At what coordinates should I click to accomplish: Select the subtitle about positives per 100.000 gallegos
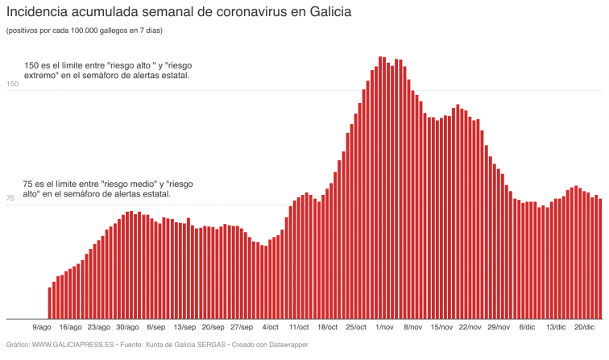pyautogui.click(x=84, y=31)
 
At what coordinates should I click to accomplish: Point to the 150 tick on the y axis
pyautogui.click(x=12, y=85)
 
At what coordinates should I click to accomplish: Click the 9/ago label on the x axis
pyautogui.click(x=42, y=328)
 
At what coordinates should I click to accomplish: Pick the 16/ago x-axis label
pyautogui.click(x=70, y=328)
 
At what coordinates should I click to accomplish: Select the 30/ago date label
pyautogui.click(x=127, y=328)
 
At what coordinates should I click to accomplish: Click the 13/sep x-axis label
pyautogui.click(x=184, y=328)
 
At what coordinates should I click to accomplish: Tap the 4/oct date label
pyautogui.click(x=271, y=328)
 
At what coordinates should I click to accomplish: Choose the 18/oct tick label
pyautogui.click(x=327, y=328)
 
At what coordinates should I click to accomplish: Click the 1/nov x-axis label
pyautogui.click(x=384, y=328)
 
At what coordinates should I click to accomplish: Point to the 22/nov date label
pyautogui.click(x=470, y=328)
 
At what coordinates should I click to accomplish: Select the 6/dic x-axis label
pyautogui.click(x=527, y=328)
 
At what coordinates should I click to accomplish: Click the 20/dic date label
pyautogui.click(x=584, y=328)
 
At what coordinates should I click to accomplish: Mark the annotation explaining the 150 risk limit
pyautogui.click(x=107, y=70)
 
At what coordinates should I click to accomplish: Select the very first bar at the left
pyautogui.click(x=50, y=303)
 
